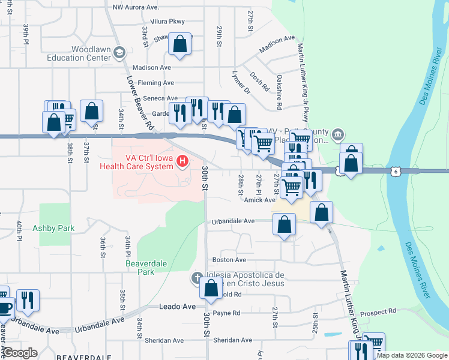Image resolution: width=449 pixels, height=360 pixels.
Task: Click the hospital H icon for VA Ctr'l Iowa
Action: pyautogui.click(x=182, y=161)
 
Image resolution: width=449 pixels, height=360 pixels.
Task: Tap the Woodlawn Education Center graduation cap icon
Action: pyautogui.click(x=119, y=53)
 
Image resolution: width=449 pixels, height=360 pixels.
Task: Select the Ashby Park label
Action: pyautogui.click(x=53, y=228)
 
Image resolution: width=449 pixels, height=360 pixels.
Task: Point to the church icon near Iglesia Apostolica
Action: pyautogui.click(x=196, y=278)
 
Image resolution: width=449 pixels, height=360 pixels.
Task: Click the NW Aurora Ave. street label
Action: pyautogui.click(x=136, y=7)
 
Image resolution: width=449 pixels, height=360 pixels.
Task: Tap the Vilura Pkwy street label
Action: pyautogui.click(x=151, y=21)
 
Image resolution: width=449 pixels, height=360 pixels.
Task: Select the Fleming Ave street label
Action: pyautogui.click(x=155, y=83)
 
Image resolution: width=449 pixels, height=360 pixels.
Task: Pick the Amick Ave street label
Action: pyautogui.click(x=259, y=200)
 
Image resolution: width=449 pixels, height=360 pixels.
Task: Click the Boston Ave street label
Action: pyautogui.click(x=229, y=260)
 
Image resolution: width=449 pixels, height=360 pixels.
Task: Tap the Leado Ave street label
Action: pyautogui.click(x=178, y=307)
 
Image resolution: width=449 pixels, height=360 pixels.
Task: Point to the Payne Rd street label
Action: pyautogui.click(x=226, y=313)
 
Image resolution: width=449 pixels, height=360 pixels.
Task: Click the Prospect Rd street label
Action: pyautogui.click(x=379, y=311)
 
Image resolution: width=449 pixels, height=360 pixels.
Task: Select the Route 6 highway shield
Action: pyautogui.click(x=395, y=171)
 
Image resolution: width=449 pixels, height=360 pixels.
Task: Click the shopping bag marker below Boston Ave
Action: pyautogui.click(x=211, y=289)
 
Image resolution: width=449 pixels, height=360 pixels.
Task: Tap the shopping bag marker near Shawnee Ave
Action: pyautogui.click(x=179, y=44)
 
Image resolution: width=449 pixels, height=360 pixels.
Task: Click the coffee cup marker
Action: pyautogui.click(x=4, y=308)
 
